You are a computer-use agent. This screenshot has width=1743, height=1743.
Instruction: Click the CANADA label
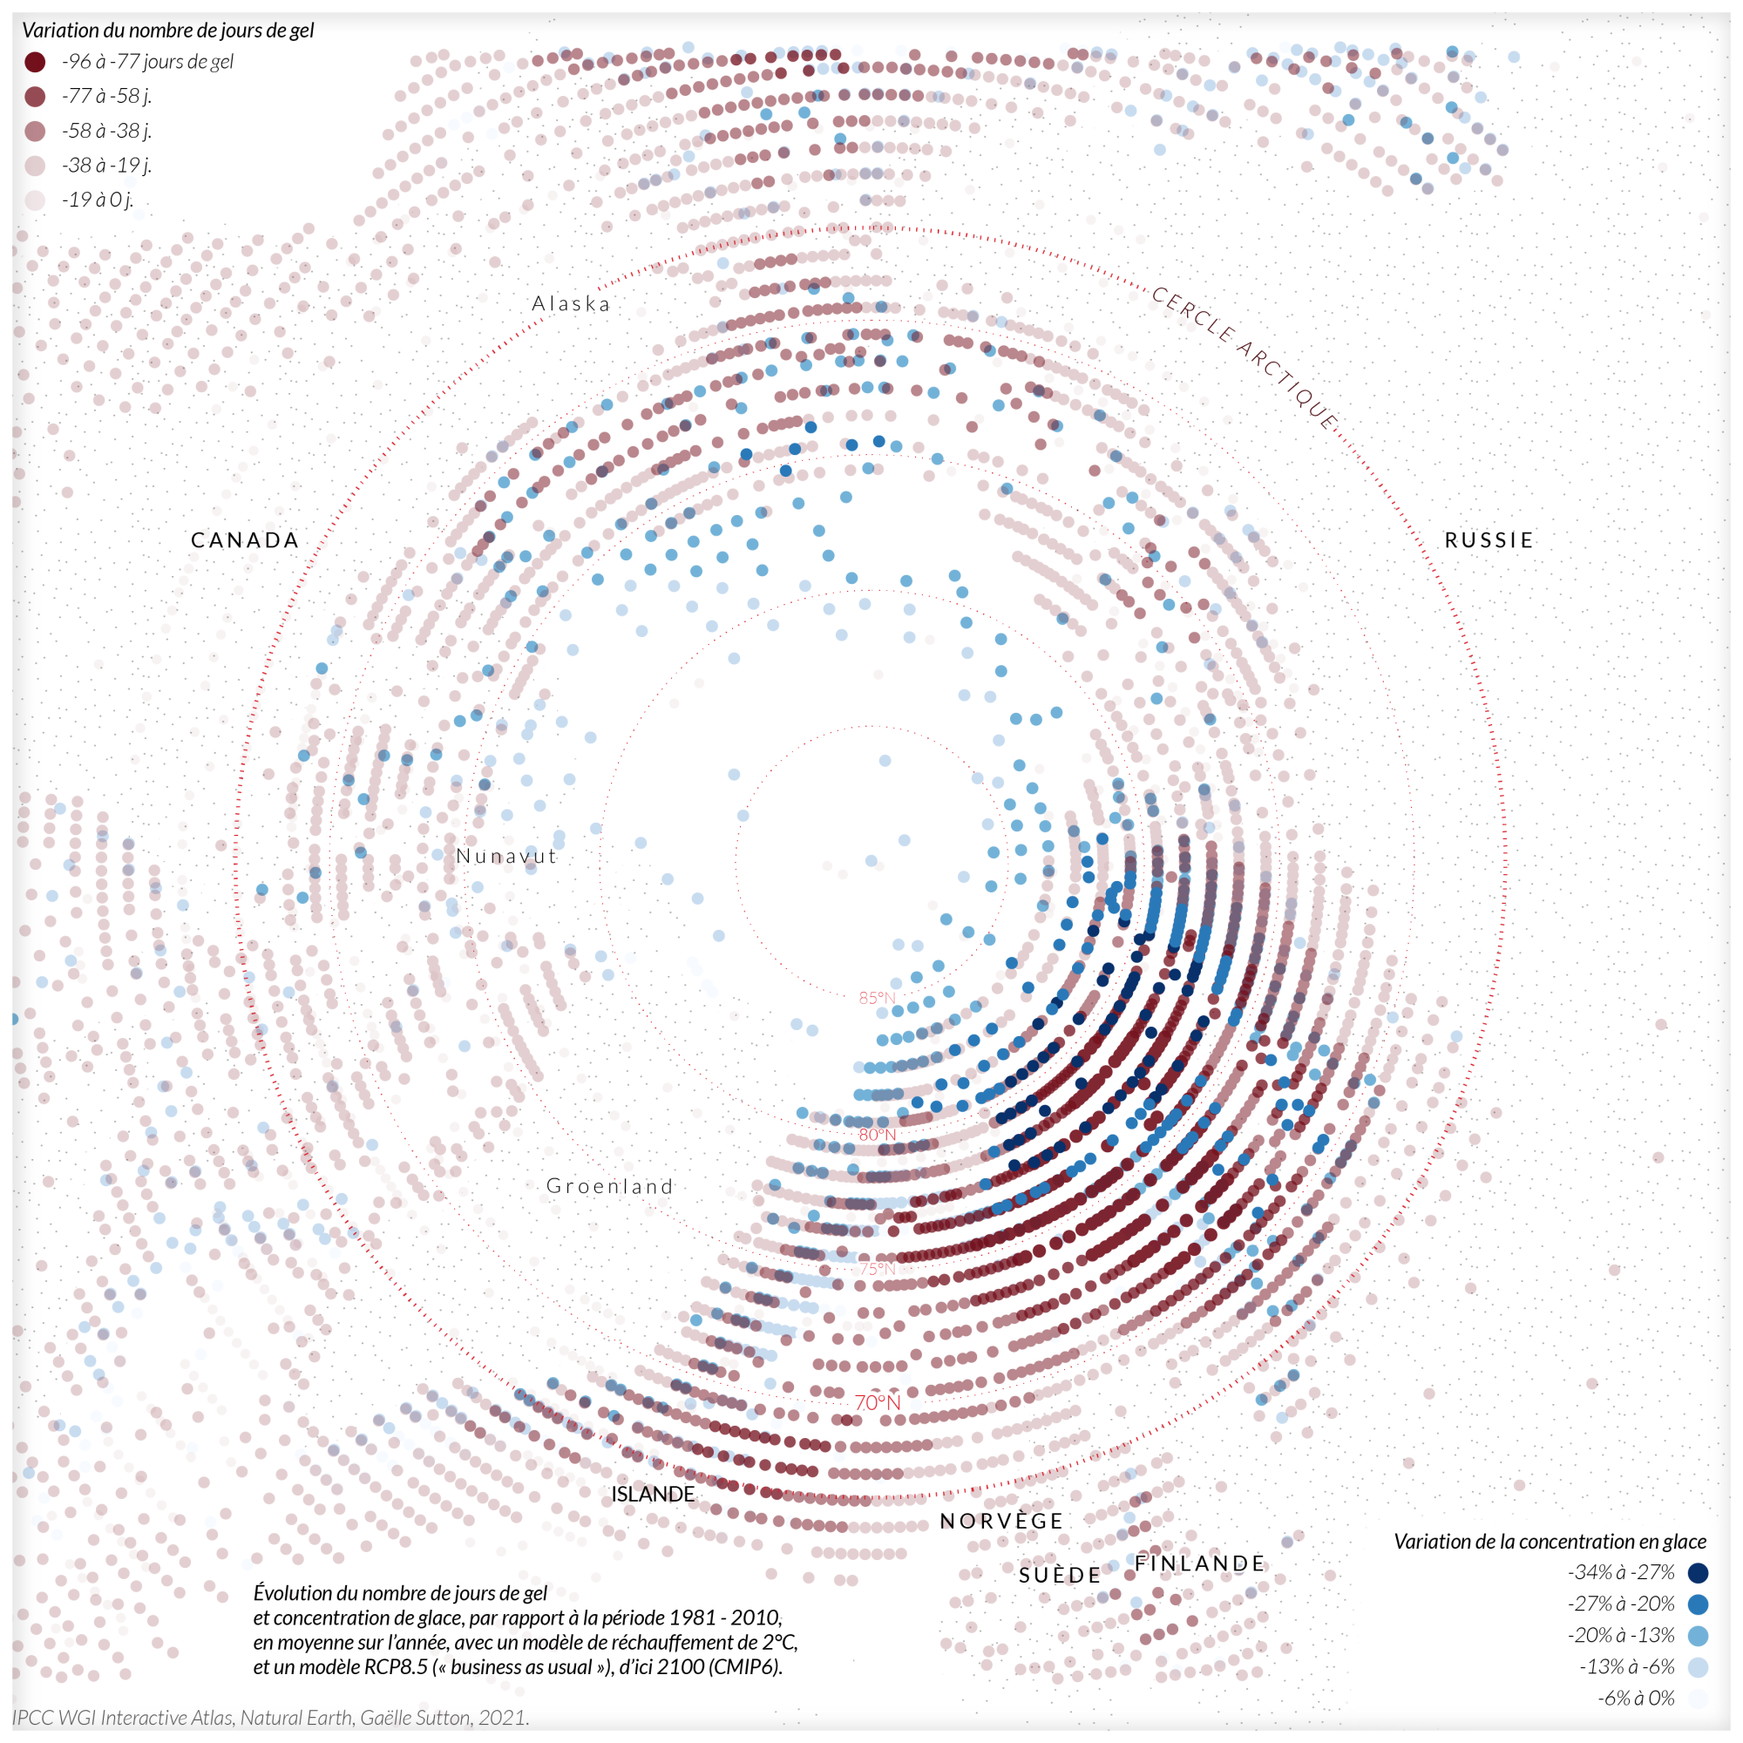coord(245,540)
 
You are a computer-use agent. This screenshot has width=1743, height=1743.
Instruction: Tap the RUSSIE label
coord(1489,540)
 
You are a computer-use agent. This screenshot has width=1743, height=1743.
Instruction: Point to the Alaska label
coord(571,304)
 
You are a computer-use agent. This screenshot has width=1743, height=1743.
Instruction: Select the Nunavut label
coord(506,856)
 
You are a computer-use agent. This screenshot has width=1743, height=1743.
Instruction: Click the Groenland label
coord(610,1186)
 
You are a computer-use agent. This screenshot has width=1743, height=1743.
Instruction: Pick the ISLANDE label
coord(653,1494)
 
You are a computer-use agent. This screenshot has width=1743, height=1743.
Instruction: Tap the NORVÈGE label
coord(1001,1521)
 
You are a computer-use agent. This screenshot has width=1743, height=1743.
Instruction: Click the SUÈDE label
coord(1060,1575)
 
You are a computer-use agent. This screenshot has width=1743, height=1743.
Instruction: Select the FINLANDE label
coord(1200,1563)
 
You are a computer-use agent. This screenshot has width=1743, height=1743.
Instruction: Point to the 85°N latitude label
coord(877,998)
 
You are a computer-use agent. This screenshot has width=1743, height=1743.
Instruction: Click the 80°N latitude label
coord(877,1135)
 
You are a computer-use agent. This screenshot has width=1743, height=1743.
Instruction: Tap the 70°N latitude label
coord(877,1403)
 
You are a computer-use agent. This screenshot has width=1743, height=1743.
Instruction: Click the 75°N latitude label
coord(877,1268)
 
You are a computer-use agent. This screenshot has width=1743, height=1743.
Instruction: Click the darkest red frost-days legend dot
coord(35,62)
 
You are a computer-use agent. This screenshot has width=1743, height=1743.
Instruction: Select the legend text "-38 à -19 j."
coord(106,165)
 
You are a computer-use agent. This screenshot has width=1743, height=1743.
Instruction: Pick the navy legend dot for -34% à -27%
coord(1698,1573)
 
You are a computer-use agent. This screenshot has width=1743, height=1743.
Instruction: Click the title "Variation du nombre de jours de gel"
coord(168,31)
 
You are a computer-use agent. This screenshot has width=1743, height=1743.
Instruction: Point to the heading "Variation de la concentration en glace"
coord(1550,1542)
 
